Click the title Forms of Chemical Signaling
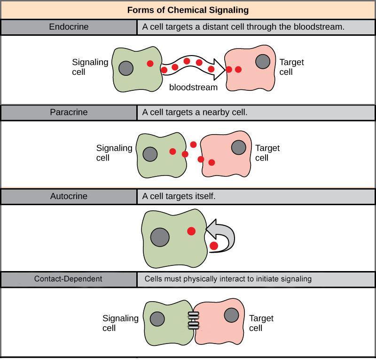(188, 10)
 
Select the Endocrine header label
(69, 27)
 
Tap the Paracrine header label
(69, 112)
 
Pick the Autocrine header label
(69, 196)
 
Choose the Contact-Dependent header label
(68, 279)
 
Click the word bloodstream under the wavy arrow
(194, 88)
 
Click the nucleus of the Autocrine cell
(160, 237)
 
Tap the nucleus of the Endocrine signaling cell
(125, 68)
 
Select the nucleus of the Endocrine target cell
(263, 61)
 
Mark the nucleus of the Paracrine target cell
(239, 148)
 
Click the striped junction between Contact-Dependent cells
(193, 320)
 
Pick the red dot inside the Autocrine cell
(191, 231)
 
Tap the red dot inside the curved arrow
(214, 246)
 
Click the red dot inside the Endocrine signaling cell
(150, 64)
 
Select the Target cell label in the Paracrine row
(267, 153)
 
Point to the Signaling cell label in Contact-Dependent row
(120, 323)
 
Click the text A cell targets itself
(179, 196)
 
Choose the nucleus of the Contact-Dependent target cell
(231, 315)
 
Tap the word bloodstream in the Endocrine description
(323, 27)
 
